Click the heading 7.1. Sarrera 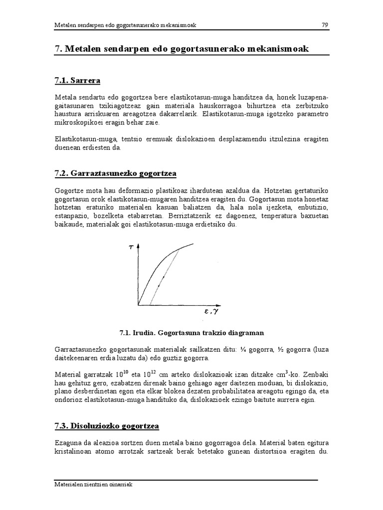pos(78,80)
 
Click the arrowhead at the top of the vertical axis pos(138,245)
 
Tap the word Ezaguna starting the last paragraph pos(67,442)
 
